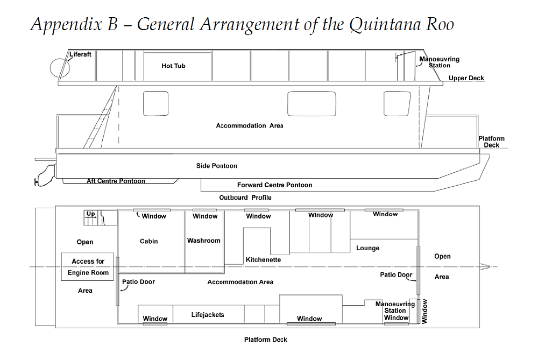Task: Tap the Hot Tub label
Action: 173,66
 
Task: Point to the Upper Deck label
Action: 466,79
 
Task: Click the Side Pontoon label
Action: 216,166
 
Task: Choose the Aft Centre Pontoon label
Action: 116,181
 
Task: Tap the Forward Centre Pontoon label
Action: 274,185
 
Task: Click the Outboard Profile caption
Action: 245,197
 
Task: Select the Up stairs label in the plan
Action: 91,214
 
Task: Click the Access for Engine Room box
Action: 87,267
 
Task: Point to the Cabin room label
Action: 148,241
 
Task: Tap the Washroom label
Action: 203,241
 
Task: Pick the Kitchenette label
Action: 263,260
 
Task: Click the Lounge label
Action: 367,248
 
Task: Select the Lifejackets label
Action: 207,315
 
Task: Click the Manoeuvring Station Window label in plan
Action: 395,311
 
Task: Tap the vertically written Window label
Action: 424,312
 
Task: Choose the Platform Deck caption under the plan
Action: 265,340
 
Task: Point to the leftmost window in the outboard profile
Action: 155,103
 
